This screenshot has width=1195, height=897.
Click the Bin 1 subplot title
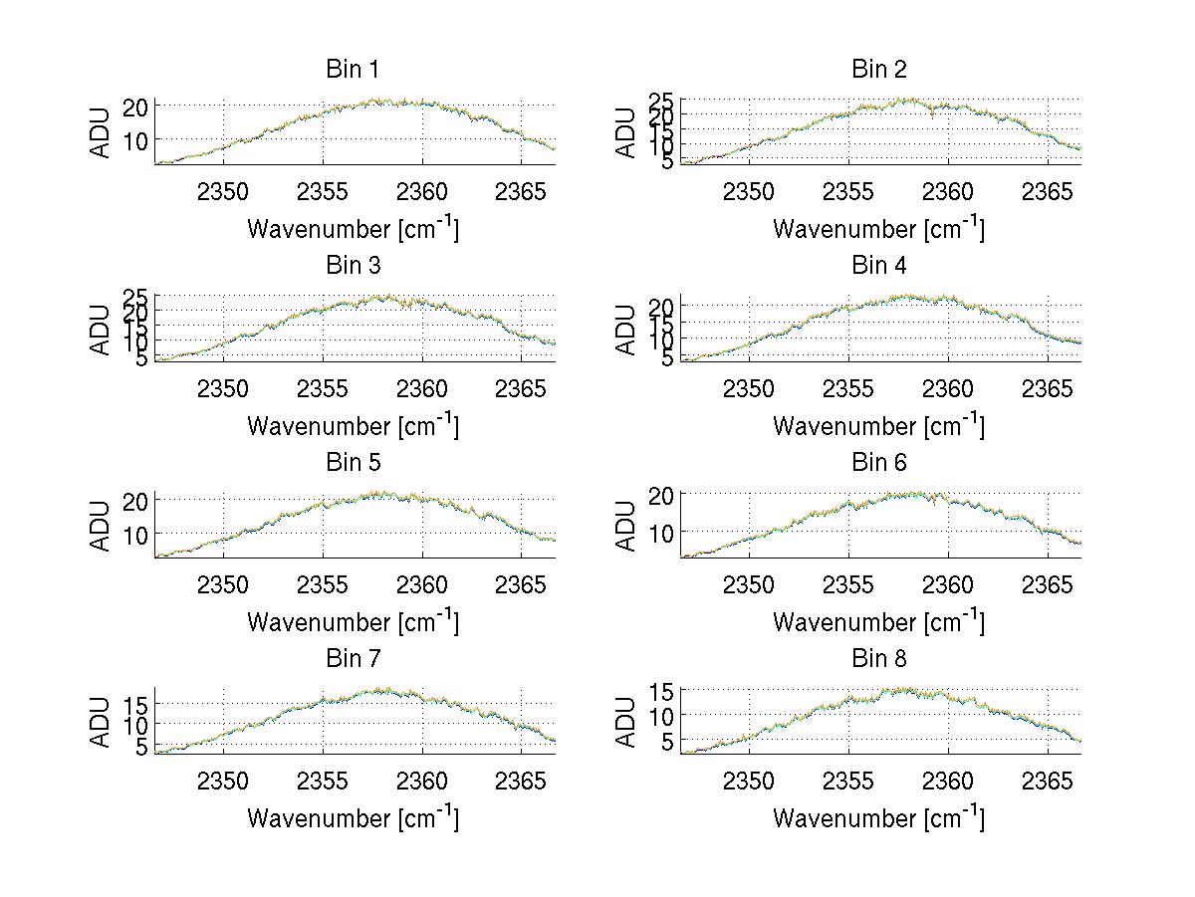[x=353, y=70]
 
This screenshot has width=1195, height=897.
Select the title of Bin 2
[x=878, y=70]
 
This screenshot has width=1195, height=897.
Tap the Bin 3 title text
[x=353, y=266]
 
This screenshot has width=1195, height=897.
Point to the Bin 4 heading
[x=878, y=266]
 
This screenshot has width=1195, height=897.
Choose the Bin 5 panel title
[x=353, y=463]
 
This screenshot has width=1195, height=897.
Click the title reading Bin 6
[x=878, y=463]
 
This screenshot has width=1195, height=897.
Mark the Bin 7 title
[x=353, y=659]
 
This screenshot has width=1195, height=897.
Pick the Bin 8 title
[x=878, y=659]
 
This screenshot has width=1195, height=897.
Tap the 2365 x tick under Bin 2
[x=1048, y=191]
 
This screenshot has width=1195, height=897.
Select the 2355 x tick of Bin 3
[x=323, y=387]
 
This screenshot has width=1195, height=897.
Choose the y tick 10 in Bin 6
[x=662, y=534]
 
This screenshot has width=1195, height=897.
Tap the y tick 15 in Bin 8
[x=662, y=691]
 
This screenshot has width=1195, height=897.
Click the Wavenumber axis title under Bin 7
[x=353, y=818]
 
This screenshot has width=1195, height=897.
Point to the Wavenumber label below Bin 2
[x=878, y=229]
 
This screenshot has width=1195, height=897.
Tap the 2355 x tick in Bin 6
[x=848, y=584]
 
